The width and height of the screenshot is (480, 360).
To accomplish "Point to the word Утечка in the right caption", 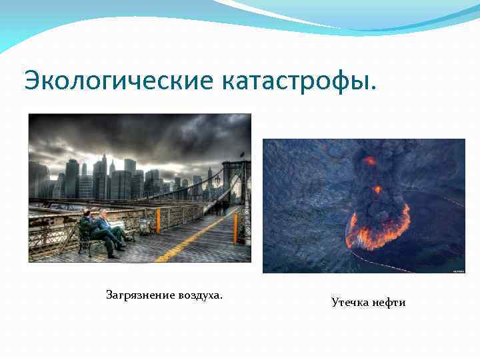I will click(351, 303).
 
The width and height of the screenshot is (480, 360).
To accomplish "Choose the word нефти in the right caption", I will click(389, 303).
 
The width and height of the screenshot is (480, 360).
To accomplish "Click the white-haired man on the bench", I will click(109, 227).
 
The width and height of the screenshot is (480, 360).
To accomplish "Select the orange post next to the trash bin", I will click(158, 221).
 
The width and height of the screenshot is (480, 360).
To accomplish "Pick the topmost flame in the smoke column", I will click(369, 161).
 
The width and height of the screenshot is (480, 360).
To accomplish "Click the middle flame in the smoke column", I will click(377, 189).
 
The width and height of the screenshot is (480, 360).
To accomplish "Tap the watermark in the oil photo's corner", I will click(458, 270).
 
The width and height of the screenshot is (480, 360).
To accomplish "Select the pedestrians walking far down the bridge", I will click(220, 207).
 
